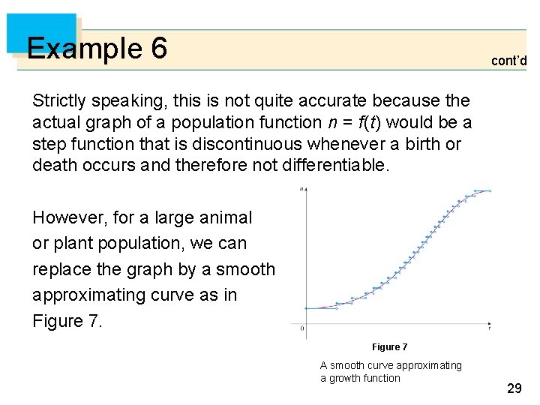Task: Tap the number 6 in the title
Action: click(x=158, y=49)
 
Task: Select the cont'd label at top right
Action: click(x=508, y=61)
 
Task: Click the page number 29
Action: click(x=514, y=388)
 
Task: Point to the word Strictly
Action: click(x=59, y=100)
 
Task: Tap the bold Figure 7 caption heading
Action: click(x=389, y=347)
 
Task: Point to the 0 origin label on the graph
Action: click(x=301, y=328)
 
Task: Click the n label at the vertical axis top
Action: click(x=301, y=190)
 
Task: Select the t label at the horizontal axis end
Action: click(x=489, y=327)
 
